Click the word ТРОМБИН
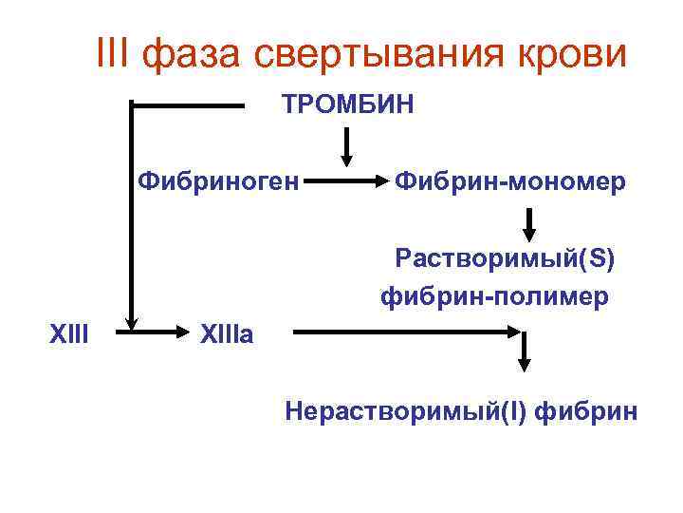click(x=347, y=104)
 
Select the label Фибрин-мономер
click(x=509, y=180)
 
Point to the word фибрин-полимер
click(x=494, y=297)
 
